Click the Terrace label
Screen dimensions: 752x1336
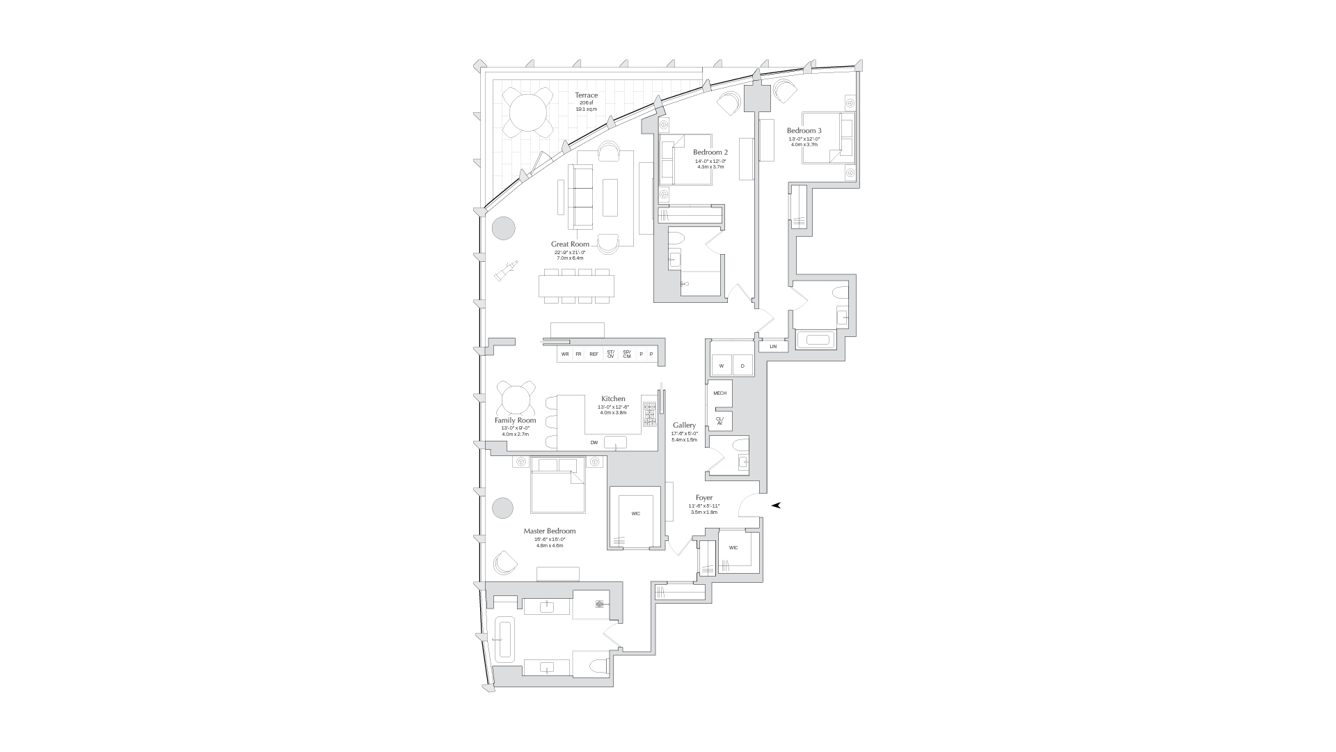tap(586, 95)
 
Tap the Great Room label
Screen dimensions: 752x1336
tap(570, 244)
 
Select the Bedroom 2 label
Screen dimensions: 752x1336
tap(710, 152)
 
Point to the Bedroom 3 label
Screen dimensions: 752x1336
tap(804, 131)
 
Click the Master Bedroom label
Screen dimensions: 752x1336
tap(550, 531)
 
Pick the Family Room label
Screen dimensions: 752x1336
tap(515, 421)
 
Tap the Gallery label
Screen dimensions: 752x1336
tap(684, 425)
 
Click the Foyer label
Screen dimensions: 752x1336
tap(703, 498)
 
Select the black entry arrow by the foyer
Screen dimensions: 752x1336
tap(776, 505)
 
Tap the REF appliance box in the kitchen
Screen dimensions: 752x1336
tap(594, 354)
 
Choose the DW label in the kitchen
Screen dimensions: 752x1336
tap(594, 442)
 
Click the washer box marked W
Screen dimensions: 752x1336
tap(721, 366)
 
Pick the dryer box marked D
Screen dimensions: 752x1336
tap(742, 366)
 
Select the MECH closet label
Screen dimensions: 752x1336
tap(719, 393)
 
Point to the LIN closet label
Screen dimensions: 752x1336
tap(773, 346)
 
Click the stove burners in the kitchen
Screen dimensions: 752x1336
tap(649, 414)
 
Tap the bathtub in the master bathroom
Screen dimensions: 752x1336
tap(502, 639)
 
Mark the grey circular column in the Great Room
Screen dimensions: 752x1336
tap(504, 228)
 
